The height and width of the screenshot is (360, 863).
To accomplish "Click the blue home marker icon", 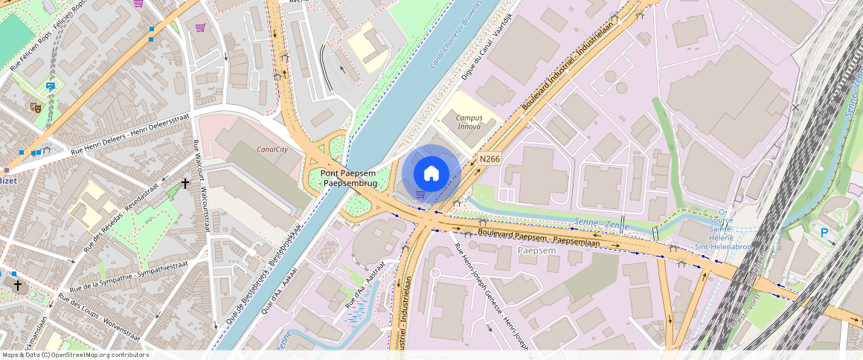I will pyautogui.click(x=431, y=174).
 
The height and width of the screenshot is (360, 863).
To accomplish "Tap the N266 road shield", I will pyautogui.click(x=489, y=158).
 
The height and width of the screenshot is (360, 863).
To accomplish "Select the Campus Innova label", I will pyautogui.click(x=469, y=122).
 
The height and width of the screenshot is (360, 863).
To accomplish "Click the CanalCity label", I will pyautogui.click(x=272, y=149).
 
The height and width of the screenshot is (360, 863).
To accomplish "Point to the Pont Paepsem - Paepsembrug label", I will pyautogui.click(x=349, y=178).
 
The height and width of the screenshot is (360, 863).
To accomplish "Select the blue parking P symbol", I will pyautogui.click(x=824, y=233).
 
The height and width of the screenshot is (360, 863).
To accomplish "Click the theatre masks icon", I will pyautogui.click(x=35, y=107).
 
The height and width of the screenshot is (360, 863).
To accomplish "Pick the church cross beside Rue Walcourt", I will pyautogui.click(x=185, y=182).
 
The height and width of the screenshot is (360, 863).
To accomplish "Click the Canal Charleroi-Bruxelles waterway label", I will pyautogui.click(x=456, y=33).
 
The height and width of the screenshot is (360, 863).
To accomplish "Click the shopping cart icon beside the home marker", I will pyautogui.click(x=420, y=194).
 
